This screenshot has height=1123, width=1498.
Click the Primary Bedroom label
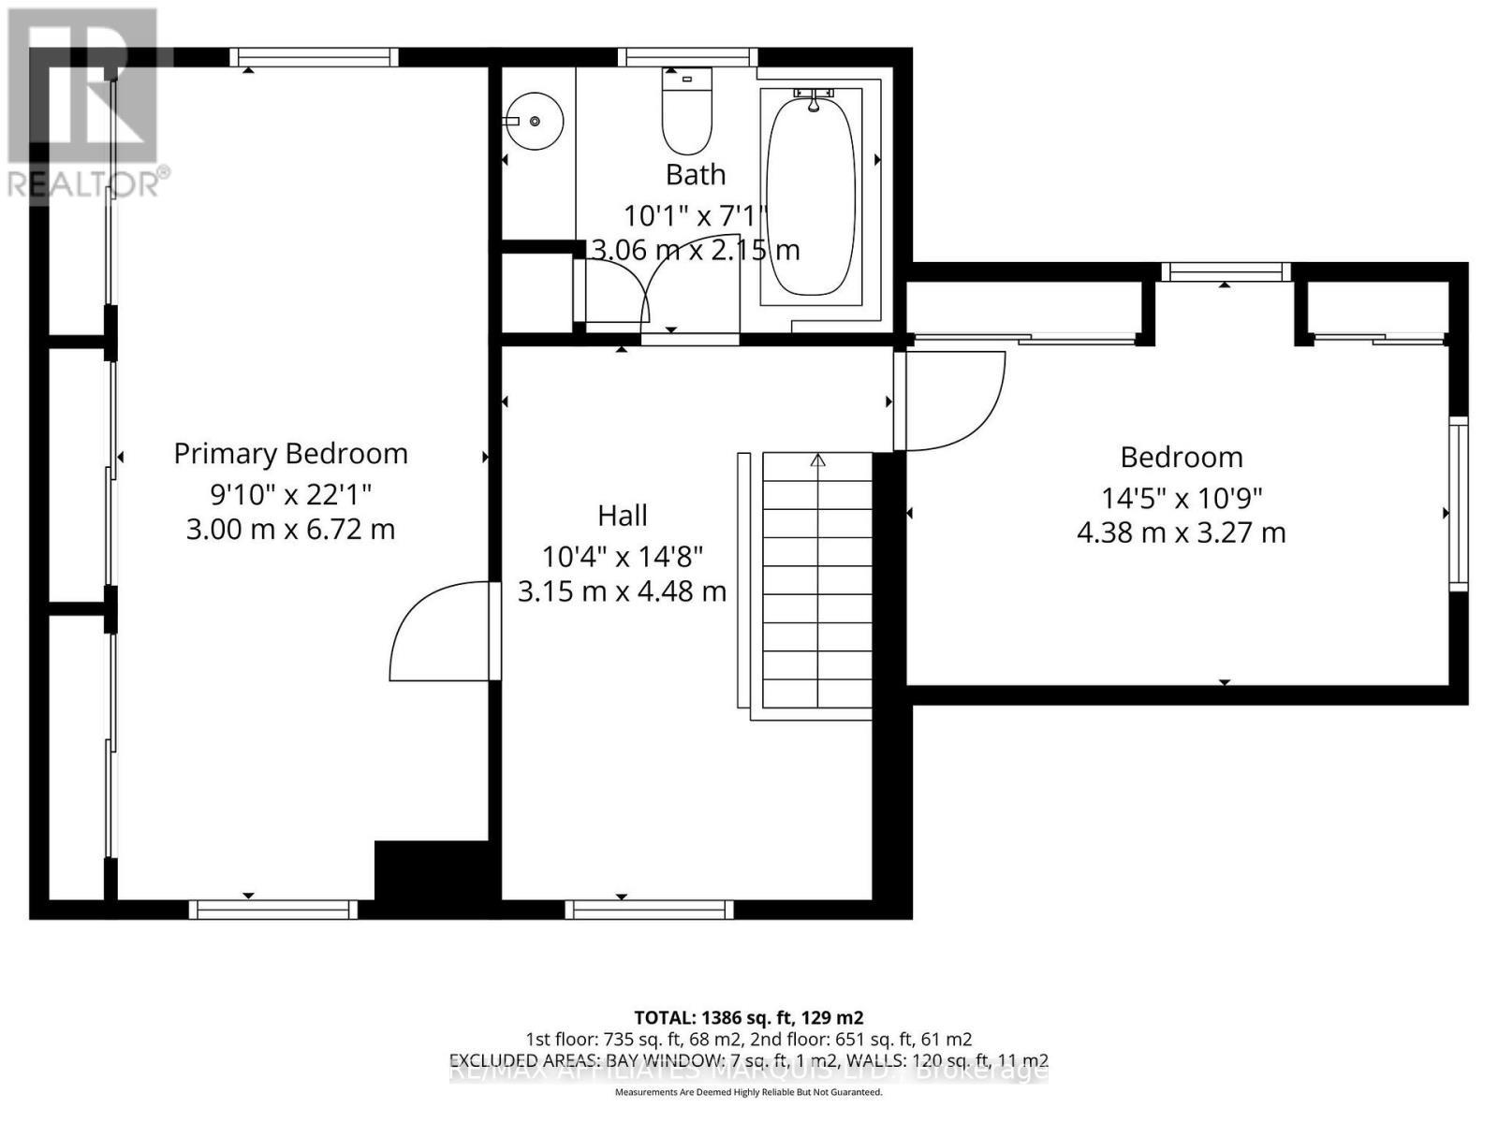(290, 454)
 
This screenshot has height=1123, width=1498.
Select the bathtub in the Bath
(811, 197)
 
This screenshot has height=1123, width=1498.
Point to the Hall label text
(623, 516)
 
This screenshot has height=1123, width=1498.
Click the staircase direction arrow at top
(817, 460)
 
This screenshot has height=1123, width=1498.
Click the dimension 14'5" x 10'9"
(1182, 497)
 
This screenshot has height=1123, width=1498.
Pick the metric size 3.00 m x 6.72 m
(290, 530)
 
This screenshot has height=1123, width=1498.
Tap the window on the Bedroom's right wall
(1458, 505)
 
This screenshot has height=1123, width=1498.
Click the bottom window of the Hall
(649, 909)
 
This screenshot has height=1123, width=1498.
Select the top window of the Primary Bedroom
(314, 57)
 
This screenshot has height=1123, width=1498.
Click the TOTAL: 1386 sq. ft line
(748, 1017)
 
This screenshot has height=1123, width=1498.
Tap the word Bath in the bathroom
(696, 175)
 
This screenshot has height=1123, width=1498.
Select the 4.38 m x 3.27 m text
(1182, 533)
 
